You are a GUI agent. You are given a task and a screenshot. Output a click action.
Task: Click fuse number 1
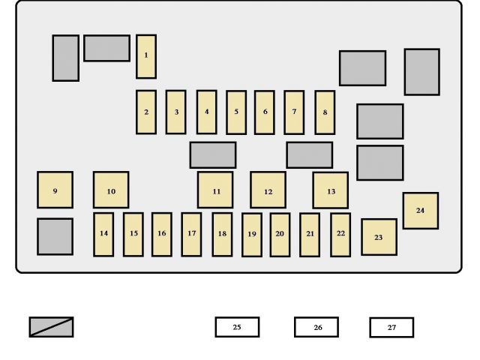point(146,56)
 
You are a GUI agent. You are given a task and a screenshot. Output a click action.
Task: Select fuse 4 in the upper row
point(206,112)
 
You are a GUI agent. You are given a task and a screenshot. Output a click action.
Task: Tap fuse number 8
point(325,112)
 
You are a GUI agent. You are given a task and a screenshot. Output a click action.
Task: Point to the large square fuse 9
point(55,190)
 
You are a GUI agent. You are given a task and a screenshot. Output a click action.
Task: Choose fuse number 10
point(111,190)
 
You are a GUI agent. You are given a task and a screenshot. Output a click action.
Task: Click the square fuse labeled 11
point(215,190)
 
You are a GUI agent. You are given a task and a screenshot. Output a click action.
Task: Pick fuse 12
point(268,190)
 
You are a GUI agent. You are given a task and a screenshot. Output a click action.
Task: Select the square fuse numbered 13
point(330,190)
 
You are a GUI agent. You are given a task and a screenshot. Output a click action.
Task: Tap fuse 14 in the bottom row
point(103,234)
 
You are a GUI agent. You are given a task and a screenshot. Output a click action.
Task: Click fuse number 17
point(191,234)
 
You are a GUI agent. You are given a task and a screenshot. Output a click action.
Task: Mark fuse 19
point(252,234)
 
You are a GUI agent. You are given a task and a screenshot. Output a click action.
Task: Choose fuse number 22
point(340,234)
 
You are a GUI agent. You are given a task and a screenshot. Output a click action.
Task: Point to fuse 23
point(379,237)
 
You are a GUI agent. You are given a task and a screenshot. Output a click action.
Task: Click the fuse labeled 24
point(420,211)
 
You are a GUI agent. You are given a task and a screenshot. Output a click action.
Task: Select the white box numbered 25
point(237,327)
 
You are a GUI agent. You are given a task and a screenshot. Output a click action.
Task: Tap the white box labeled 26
point(316,327)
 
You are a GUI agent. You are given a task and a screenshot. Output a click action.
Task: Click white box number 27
point(391,327)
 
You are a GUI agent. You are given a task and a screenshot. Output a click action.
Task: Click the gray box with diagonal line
point(52,327)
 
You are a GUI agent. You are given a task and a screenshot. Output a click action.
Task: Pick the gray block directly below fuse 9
point(55,236)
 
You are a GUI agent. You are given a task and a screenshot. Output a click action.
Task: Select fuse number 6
point(264,112)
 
